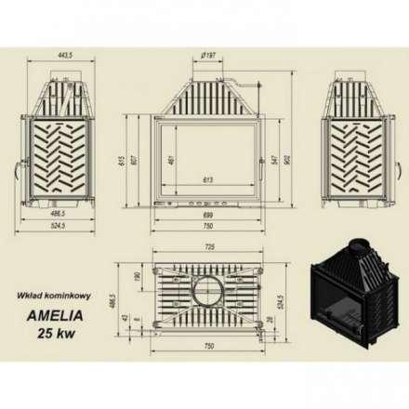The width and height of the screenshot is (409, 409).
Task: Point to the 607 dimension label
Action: point(138,159)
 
